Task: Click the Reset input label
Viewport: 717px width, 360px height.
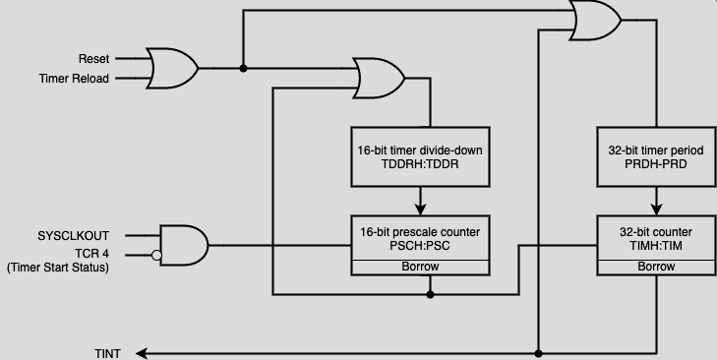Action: click(93, 59)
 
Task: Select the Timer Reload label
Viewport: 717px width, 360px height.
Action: click(74, 79)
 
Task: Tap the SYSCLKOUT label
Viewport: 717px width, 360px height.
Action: click(73, 236)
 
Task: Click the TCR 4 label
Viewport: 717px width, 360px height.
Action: click(88, 254)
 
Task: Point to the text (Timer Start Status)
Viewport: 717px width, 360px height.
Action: click(58, 268)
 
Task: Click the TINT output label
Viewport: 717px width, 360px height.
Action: click(107, 353)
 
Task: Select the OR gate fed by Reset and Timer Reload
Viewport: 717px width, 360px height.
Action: click(171, 68)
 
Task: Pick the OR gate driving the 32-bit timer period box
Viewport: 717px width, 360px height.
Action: click(594, 20)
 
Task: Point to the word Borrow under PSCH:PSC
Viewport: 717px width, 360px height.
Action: click(421, 267)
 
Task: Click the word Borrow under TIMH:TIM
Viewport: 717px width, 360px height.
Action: click(655, 267)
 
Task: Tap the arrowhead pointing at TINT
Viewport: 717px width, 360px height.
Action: click(141, 352)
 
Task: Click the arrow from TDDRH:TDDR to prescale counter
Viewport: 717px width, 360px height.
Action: click(421, 202)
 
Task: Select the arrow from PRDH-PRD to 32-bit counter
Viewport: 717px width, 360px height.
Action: click(655, 202)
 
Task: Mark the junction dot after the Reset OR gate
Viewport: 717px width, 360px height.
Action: click(242, 68)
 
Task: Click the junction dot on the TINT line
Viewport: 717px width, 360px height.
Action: click(538, 352)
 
